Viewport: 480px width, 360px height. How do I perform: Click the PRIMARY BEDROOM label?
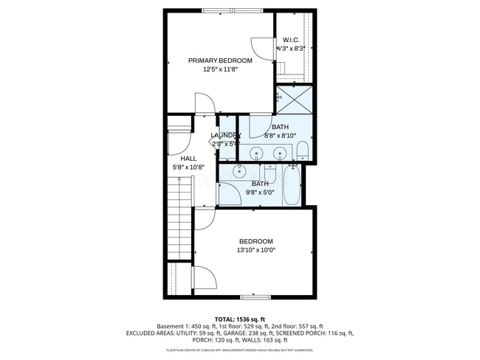point(220,60)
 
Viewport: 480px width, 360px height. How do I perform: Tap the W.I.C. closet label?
point(290,40)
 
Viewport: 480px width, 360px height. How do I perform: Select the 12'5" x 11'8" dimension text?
point(220,69)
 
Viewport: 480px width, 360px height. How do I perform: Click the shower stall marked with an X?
point(294,100)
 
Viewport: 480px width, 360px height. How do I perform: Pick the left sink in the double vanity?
point(256,153)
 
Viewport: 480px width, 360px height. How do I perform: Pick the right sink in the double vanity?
point(280,153)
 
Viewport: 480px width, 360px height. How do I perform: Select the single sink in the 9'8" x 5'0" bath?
point(240,171)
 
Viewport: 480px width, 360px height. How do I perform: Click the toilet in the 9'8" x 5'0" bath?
point(270,174)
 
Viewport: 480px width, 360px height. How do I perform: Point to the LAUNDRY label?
point(225,135)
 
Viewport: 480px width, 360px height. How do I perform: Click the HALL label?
point(188,158)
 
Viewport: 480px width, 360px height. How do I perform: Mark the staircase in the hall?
point(180,221)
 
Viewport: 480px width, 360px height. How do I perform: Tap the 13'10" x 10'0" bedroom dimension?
point(256,251)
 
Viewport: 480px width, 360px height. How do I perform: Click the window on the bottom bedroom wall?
point(255,297)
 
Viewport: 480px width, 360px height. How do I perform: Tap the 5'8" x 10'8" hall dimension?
point(188,167)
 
